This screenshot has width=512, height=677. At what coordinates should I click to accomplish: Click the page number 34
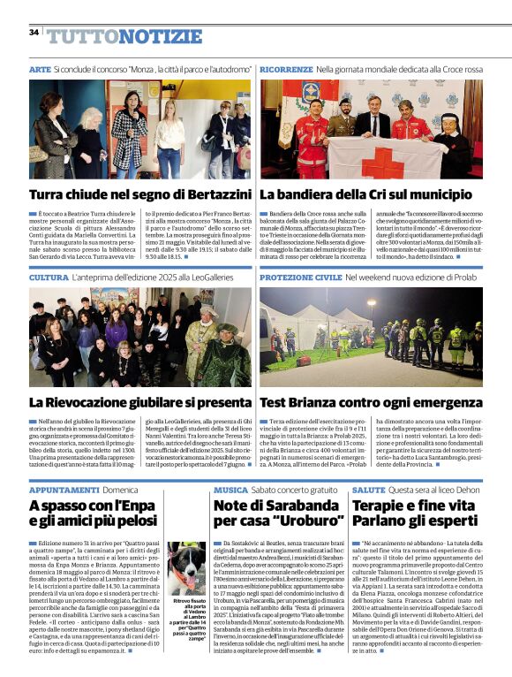pos(34,32)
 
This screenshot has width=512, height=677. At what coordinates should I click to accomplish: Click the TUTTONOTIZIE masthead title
pos(124,36)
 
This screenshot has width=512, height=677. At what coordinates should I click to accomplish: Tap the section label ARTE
pos(40,68)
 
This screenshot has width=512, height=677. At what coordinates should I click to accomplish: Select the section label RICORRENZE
pos(286,68)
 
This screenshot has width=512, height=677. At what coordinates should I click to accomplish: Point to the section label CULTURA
pos(49,278)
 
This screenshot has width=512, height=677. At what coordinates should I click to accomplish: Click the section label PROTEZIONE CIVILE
pos(300,278)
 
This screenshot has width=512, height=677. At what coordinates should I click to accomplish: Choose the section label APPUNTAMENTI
pos(64,489)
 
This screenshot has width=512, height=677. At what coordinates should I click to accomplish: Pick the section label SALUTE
pos(368,489)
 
